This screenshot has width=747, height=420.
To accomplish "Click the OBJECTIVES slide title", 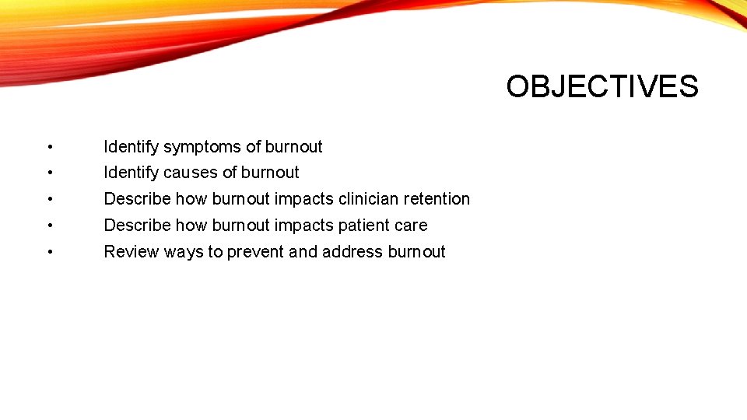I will coord(601,86).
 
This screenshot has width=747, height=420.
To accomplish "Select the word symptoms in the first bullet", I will coord(202,147).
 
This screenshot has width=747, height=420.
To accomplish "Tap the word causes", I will coord(191,173).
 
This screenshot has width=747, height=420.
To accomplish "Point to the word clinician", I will coord(370,199).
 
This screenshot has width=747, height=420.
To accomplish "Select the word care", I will coord(412,226).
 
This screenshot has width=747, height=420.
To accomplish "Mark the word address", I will coord(352,252).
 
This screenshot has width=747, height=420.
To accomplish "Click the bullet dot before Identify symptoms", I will coord(49,148).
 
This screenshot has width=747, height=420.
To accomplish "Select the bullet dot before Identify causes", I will coord(49,173).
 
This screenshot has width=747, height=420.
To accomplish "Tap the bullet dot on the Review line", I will coord(49,253).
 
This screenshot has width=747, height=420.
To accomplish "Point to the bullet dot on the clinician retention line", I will coord(49,200).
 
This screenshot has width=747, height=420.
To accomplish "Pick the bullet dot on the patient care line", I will coord(49,226).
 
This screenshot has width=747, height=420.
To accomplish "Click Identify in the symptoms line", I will coord(131,147).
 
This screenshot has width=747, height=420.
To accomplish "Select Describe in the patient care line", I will coord(137,226).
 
